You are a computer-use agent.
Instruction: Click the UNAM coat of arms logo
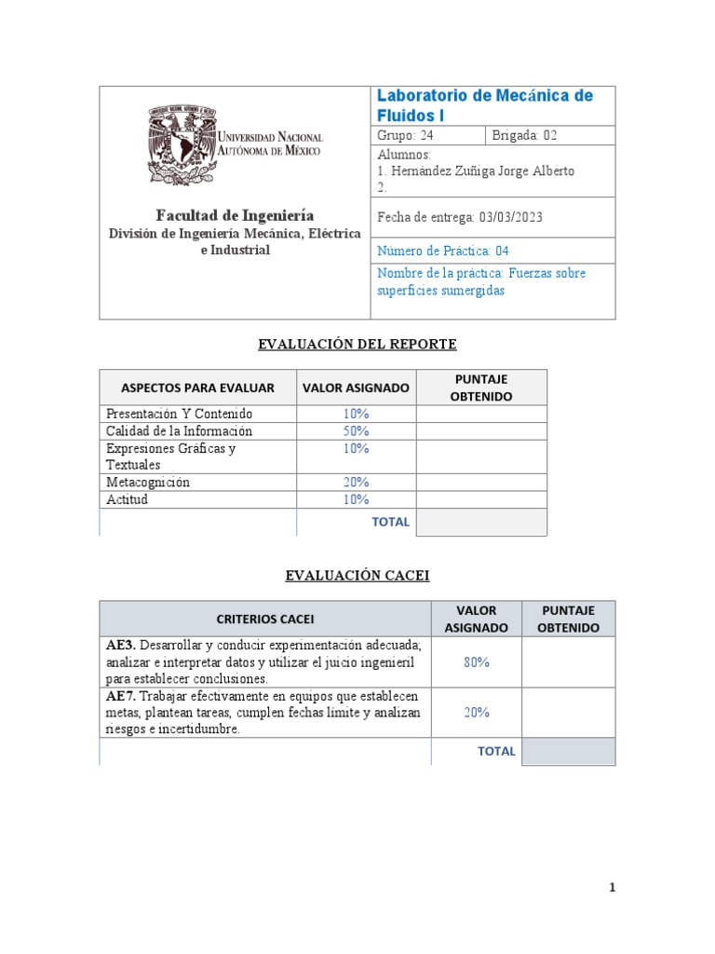(181, 144)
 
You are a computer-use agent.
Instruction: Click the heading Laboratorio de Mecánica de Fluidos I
(483, 105)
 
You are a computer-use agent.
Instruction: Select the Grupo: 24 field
(406, 136)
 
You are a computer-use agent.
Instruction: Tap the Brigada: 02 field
(525, 136)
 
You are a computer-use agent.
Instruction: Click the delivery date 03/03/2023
(511, 217)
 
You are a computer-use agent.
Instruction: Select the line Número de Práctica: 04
(443, 251)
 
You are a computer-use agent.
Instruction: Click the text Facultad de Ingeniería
(234, 214)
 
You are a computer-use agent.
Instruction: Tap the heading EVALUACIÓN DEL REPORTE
(357, 345)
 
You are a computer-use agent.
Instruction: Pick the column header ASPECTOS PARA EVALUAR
(197, 388)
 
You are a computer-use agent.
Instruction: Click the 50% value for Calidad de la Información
(356, 431)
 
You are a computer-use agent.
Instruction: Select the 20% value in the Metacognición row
(356, 483)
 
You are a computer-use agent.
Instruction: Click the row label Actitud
(128, 499)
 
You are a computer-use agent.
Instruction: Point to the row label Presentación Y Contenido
(180, 414)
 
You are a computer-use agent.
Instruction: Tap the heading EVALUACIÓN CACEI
(357, 576)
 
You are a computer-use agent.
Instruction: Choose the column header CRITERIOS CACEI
(265, 619)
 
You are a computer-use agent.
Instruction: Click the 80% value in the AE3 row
(477, 662)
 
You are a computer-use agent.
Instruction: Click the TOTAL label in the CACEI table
(496, 751)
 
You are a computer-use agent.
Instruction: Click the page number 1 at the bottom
(612, 888)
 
